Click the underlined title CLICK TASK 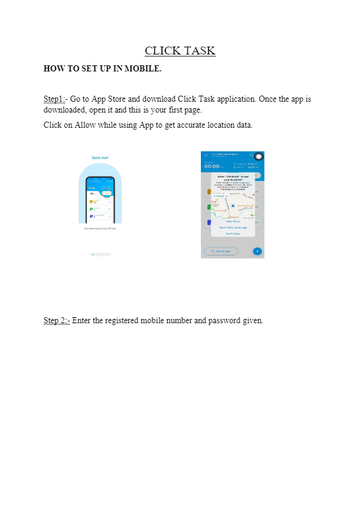(x=180, y=50)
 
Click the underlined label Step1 (x=54, y=99)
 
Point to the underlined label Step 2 (x=56, y=320)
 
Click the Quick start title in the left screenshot (x=100, y=157)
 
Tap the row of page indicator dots (x=100, y=255)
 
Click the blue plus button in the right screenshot (x=257, y=251)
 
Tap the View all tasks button (x=221, y=251)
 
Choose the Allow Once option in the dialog (x=233, y=222)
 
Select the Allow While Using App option (x=233, y=228)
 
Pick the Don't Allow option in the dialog (x=233, y=234)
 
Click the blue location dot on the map (x=233, y=206)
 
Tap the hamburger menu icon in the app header (x=206, y=156)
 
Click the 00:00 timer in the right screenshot (x=211, y=166)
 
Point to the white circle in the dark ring (x=258, y=157)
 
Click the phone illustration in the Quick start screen (x=100, y=200)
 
